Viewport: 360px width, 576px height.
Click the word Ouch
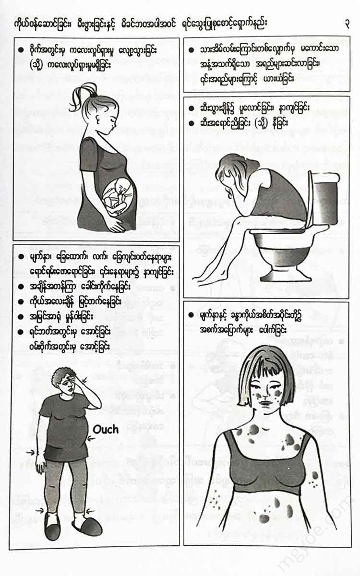[x=106, y=430]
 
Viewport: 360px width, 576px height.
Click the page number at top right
[x=347, y=24]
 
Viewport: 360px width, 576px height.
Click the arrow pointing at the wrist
[x=30, y=452]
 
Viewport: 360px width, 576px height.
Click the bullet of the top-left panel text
[x=21, y=50]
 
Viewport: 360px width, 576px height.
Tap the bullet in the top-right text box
[x=191, y=50]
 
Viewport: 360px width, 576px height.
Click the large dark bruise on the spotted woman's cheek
[x=277, y=394]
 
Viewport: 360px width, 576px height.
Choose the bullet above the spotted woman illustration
[x=191, y=315]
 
